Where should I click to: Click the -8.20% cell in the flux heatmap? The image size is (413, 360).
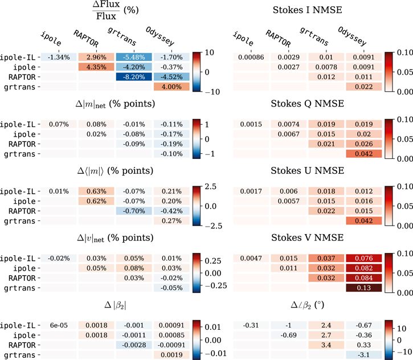click(x=134, y=76)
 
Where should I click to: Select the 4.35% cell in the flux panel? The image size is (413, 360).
click(x=97, y=67)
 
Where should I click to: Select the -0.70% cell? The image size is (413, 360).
click(x=134, y=210)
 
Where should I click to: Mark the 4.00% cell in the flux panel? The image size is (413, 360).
click(x=171, y=86)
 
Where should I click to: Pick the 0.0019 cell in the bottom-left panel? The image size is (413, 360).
click(x=171, y=355)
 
